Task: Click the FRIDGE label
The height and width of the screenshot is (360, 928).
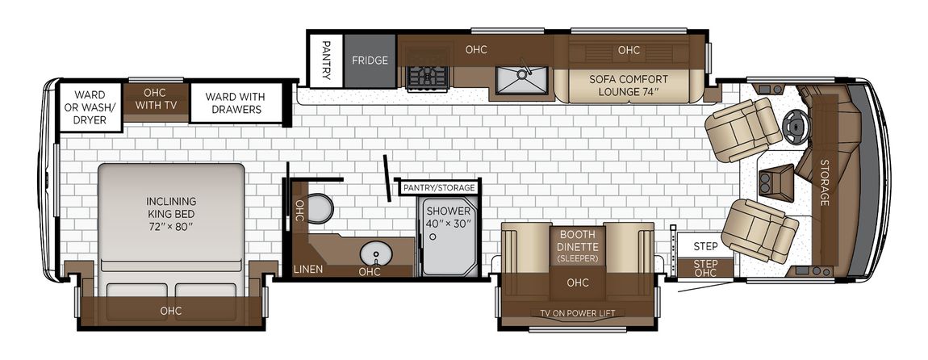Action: tap(370, 61)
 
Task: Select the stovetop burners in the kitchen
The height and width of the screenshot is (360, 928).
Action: tap(428, 77)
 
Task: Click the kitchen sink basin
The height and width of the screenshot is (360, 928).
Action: tap(520, 80)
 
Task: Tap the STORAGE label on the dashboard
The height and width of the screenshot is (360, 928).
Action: tap(824, 182)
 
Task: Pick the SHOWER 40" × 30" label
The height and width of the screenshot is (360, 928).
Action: tap(448, 217)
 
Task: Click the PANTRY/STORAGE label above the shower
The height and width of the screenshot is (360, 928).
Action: tap(438, 188)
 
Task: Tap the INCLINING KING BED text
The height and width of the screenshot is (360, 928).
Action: tap(172, 207)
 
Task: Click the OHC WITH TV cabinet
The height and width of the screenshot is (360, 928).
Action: tap(155, 99)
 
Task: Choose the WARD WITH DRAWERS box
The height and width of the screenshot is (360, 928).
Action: tap(235, 103)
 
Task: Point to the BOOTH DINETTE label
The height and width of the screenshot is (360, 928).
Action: tap(578, 240)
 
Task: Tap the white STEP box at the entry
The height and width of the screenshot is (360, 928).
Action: tap(705, 245)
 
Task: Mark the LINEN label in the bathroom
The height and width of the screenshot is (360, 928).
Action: tap(308, 270)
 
